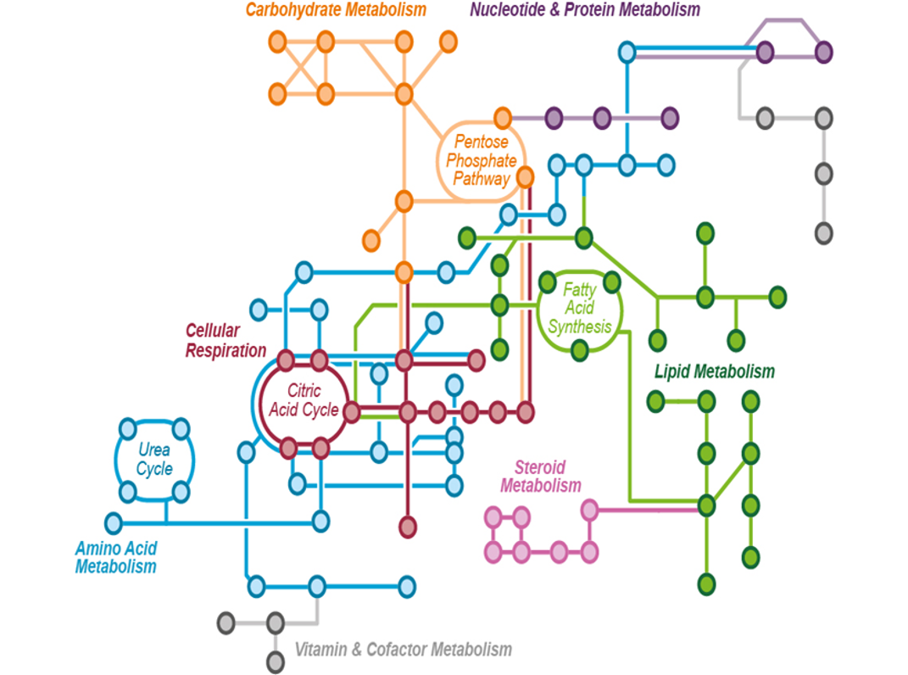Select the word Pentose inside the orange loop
tap(480, 142)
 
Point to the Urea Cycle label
tap(153, 460)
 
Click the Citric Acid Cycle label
tap(303, 401)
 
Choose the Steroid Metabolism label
tap(540, 477)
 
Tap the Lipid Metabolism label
tap(714, 371)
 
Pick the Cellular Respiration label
tap(225, 340)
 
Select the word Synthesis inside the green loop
tap(579, 326)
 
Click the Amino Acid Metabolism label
tap(115, 557)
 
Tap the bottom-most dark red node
tap(408, 527)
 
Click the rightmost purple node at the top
tap(823, 53)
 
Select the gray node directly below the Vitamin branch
tap(275, 661)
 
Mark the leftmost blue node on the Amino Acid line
tap(113, 522)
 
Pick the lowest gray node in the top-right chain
tap(823, 232)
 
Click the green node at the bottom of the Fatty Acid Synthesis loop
tap(579, 349)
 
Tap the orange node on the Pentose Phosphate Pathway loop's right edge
tap(525, 177)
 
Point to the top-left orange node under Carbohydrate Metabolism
tap(277, 41)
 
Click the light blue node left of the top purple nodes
tap(627, 53)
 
